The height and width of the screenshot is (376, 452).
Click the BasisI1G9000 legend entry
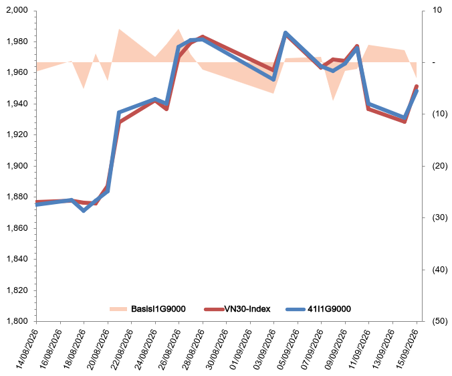tap(147, 309)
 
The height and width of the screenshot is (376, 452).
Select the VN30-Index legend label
tap(247, 309)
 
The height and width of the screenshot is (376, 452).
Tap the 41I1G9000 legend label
tap(329, 309)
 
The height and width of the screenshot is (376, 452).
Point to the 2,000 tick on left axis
tap(17, 10)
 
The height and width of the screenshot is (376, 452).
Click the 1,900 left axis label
tap(17, 166)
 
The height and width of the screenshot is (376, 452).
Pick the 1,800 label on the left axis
tap(17, 321)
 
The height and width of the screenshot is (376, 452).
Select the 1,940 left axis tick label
tap(17, 104)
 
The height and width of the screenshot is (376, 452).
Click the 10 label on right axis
tap(437, 10)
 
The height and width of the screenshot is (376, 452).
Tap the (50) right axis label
tap(440, 321)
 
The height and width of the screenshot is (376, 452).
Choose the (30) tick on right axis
tap(440, 217)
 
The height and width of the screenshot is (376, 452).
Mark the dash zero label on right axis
tap(434, 62)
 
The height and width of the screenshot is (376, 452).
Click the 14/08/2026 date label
tap(27, 349)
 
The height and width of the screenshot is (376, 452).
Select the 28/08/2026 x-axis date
tap(193, 349)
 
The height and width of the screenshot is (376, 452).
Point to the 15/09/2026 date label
tap(407, 349)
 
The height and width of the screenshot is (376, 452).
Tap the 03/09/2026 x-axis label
tap(264, 349)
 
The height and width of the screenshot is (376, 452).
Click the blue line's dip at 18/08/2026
tap(84, 211)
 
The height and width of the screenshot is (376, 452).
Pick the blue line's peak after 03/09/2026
tap(286, 33)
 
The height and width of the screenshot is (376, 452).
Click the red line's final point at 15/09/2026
tap(417, 86)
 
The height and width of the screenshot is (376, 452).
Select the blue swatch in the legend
tap(296, 309)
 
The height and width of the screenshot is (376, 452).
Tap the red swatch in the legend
tap(214, 309)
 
